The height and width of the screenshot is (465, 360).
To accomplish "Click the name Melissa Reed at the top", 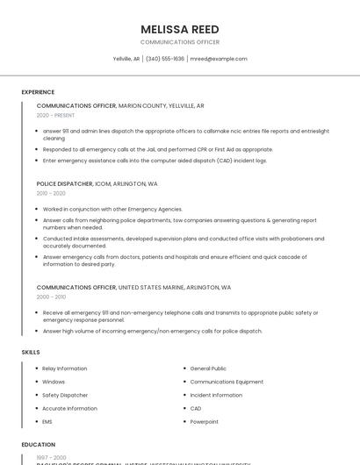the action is [x=180, y=29].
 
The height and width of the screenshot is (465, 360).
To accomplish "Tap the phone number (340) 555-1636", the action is [x=165, y=59].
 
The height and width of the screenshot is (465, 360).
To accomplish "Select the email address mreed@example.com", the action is [x=219, y=59].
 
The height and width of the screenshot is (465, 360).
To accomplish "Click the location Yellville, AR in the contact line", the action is [x=126, y=59].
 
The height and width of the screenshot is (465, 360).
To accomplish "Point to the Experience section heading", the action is [x=38, y=91].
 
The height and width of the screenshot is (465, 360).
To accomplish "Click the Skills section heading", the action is [x=31, y=352].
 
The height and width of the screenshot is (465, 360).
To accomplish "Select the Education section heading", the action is [x=38, y=445].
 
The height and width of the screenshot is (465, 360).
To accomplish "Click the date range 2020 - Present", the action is [x=55, y=115].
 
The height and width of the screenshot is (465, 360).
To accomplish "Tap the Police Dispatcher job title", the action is [x=64, y=183].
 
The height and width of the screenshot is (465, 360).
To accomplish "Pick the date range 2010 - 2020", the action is [x=51, y=193].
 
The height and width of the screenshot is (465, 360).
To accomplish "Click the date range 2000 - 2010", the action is [x=51, y=297].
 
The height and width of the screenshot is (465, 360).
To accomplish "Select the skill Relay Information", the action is [x=65, y=368].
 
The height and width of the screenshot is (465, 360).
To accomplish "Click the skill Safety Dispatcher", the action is [x=65, y=395].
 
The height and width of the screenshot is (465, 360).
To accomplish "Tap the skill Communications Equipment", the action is [x=227, y=382].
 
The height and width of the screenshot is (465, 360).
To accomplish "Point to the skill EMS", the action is [x=48, y=421].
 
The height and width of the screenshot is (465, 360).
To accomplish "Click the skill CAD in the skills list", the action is [x=196, y=408].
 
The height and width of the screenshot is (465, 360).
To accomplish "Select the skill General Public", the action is [x=208, y=368].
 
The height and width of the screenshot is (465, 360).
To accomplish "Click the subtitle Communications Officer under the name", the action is [x=180, y=42].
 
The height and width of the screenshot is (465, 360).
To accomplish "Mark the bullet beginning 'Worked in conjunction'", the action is [x=112, y=209].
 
